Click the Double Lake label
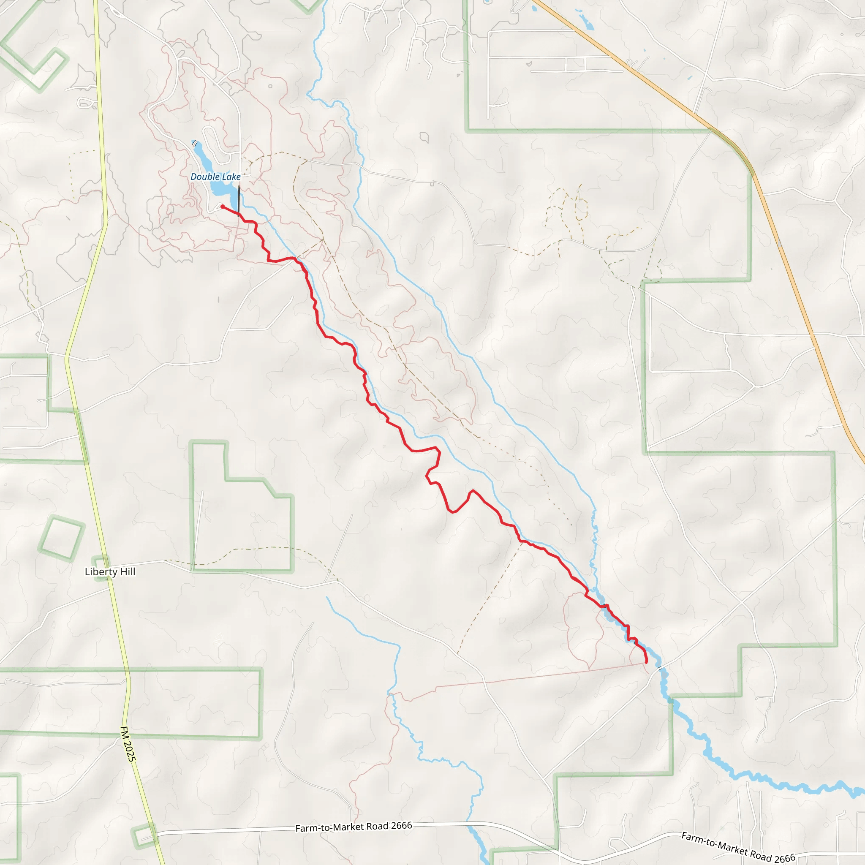[215, 177]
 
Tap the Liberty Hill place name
[110, 572]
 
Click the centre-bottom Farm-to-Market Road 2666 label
[353, 827]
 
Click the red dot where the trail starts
[223, 207]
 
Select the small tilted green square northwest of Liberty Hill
[61, 539]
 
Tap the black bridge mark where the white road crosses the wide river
[660, 669]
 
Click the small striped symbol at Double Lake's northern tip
[194, 143]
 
